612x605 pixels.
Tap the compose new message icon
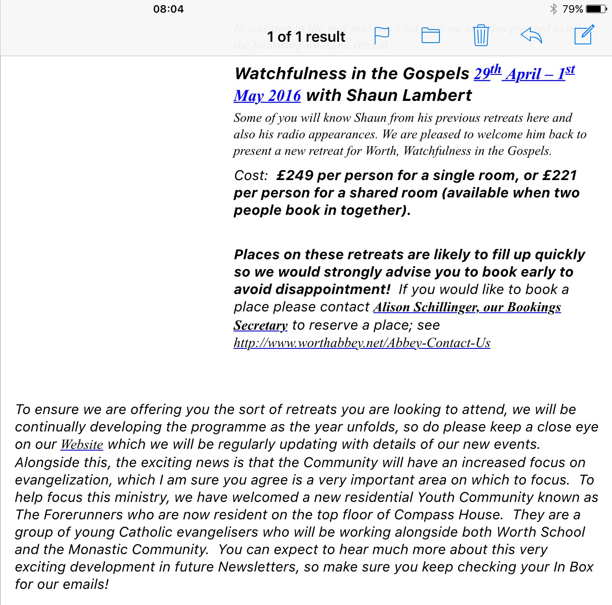(584, 35)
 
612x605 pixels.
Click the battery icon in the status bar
(596, 9)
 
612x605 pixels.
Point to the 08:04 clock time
(168, 9)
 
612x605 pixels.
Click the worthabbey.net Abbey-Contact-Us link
(362, 343)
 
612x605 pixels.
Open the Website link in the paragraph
(82, 445)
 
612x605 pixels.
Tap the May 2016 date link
(267, 96)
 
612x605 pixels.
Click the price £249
(295, 175)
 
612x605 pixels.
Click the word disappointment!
(312, 289)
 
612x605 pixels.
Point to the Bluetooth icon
(553, 9)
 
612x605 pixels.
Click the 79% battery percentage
(572, 9)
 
